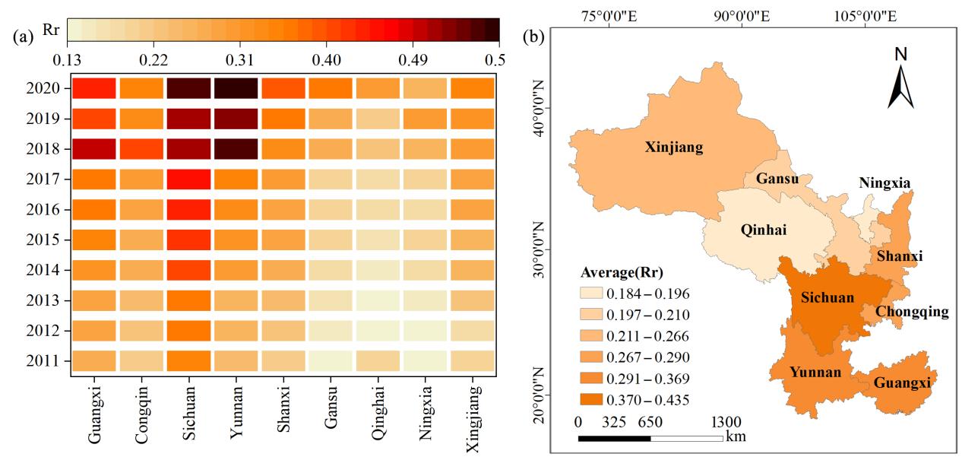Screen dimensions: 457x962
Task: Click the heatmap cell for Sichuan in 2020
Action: tap(188, 88)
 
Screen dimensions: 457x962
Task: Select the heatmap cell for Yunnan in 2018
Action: tap(235, 148)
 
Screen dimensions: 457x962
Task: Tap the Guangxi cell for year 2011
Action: tap(94, 360)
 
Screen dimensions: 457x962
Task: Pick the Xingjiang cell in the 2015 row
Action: tap(472, 240)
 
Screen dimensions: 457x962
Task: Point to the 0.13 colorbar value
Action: tap(68, 59)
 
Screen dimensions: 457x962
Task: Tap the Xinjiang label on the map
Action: tap(673, 148)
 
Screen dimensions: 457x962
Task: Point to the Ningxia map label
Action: tap(884, 182)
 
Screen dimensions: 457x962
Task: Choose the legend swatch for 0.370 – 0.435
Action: tap(593, 398)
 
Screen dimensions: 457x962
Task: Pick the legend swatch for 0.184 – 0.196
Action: tap(593, 293)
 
